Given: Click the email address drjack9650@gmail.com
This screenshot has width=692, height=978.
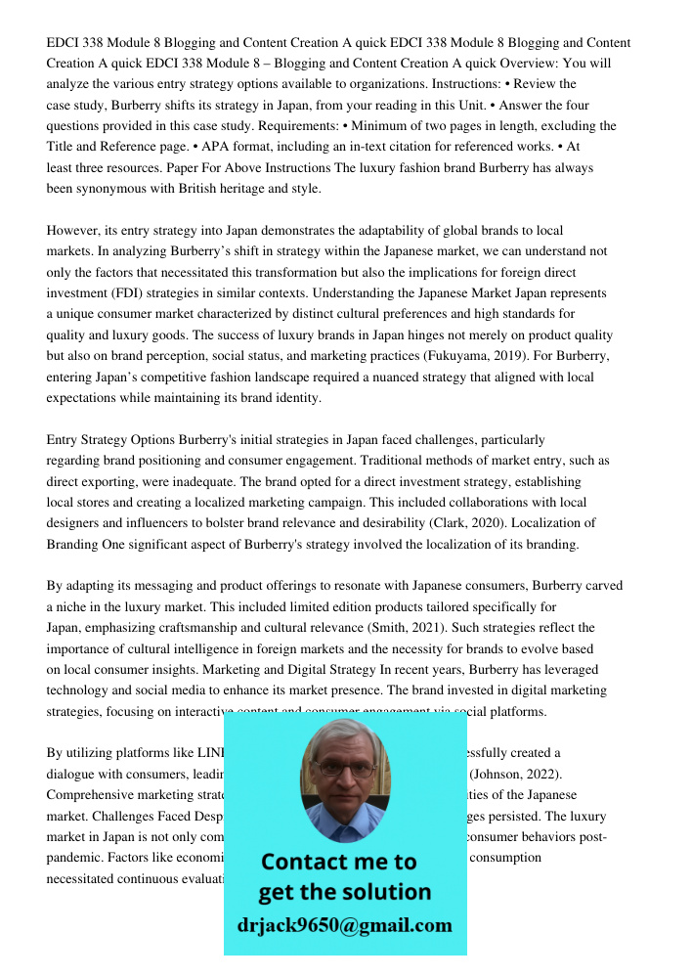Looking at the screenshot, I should click(345, 925).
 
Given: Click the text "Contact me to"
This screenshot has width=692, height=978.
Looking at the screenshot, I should click(338, 862).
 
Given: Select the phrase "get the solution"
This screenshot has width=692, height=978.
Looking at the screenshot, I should click(344, 892).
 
